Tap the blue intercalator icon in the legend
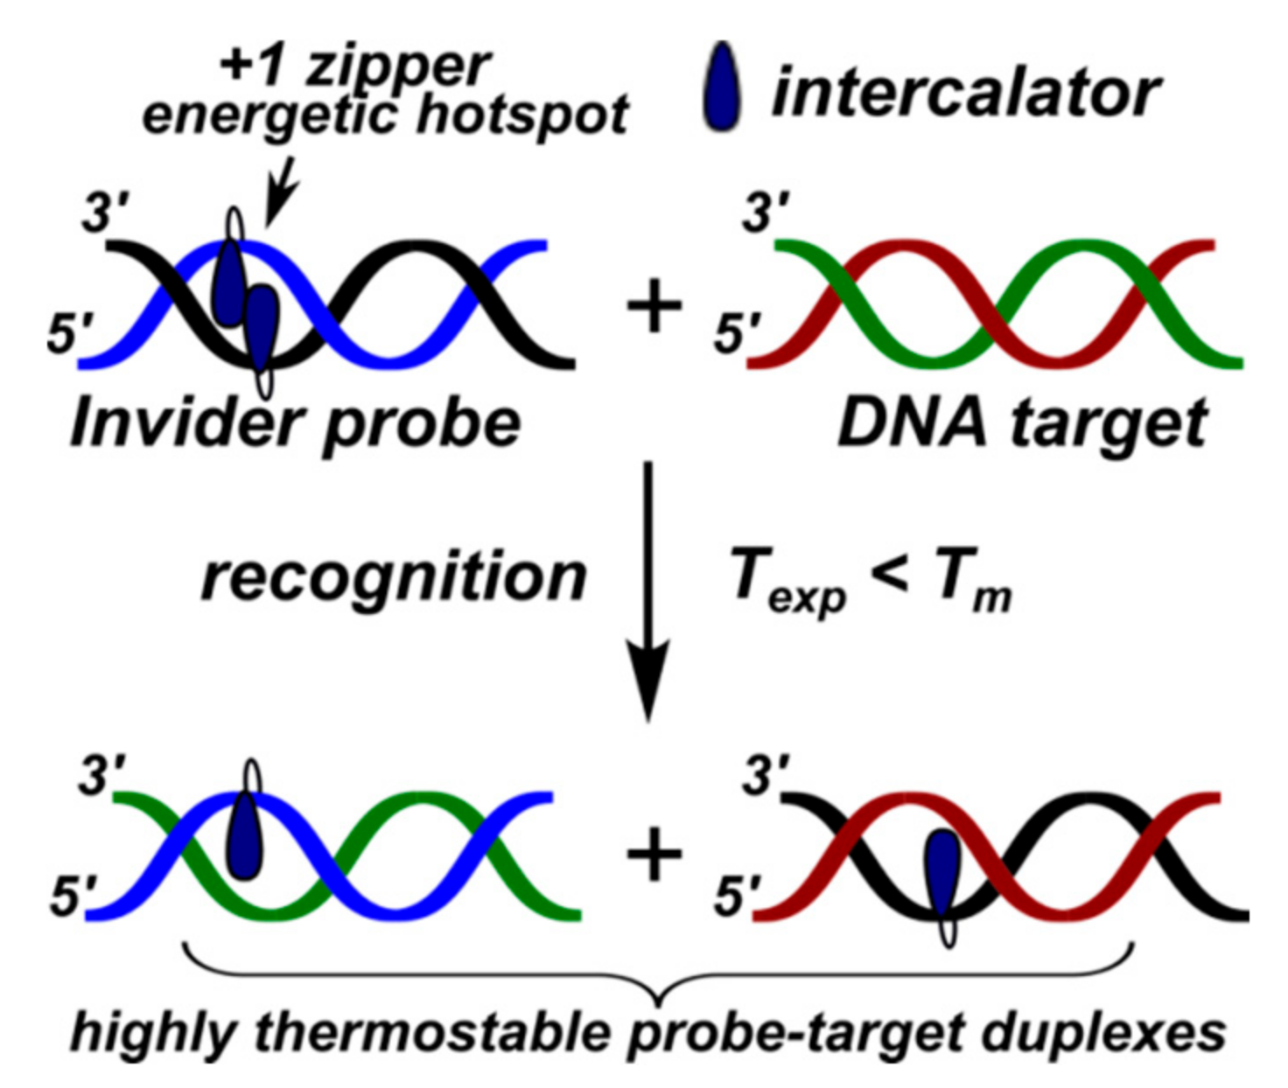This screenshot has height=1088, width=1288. tap(723, 88)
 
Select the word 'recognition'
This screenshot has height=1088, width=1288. tap(394, 578)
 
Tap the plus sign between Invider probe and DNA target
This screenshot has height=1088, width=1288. tap(654, 308)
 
